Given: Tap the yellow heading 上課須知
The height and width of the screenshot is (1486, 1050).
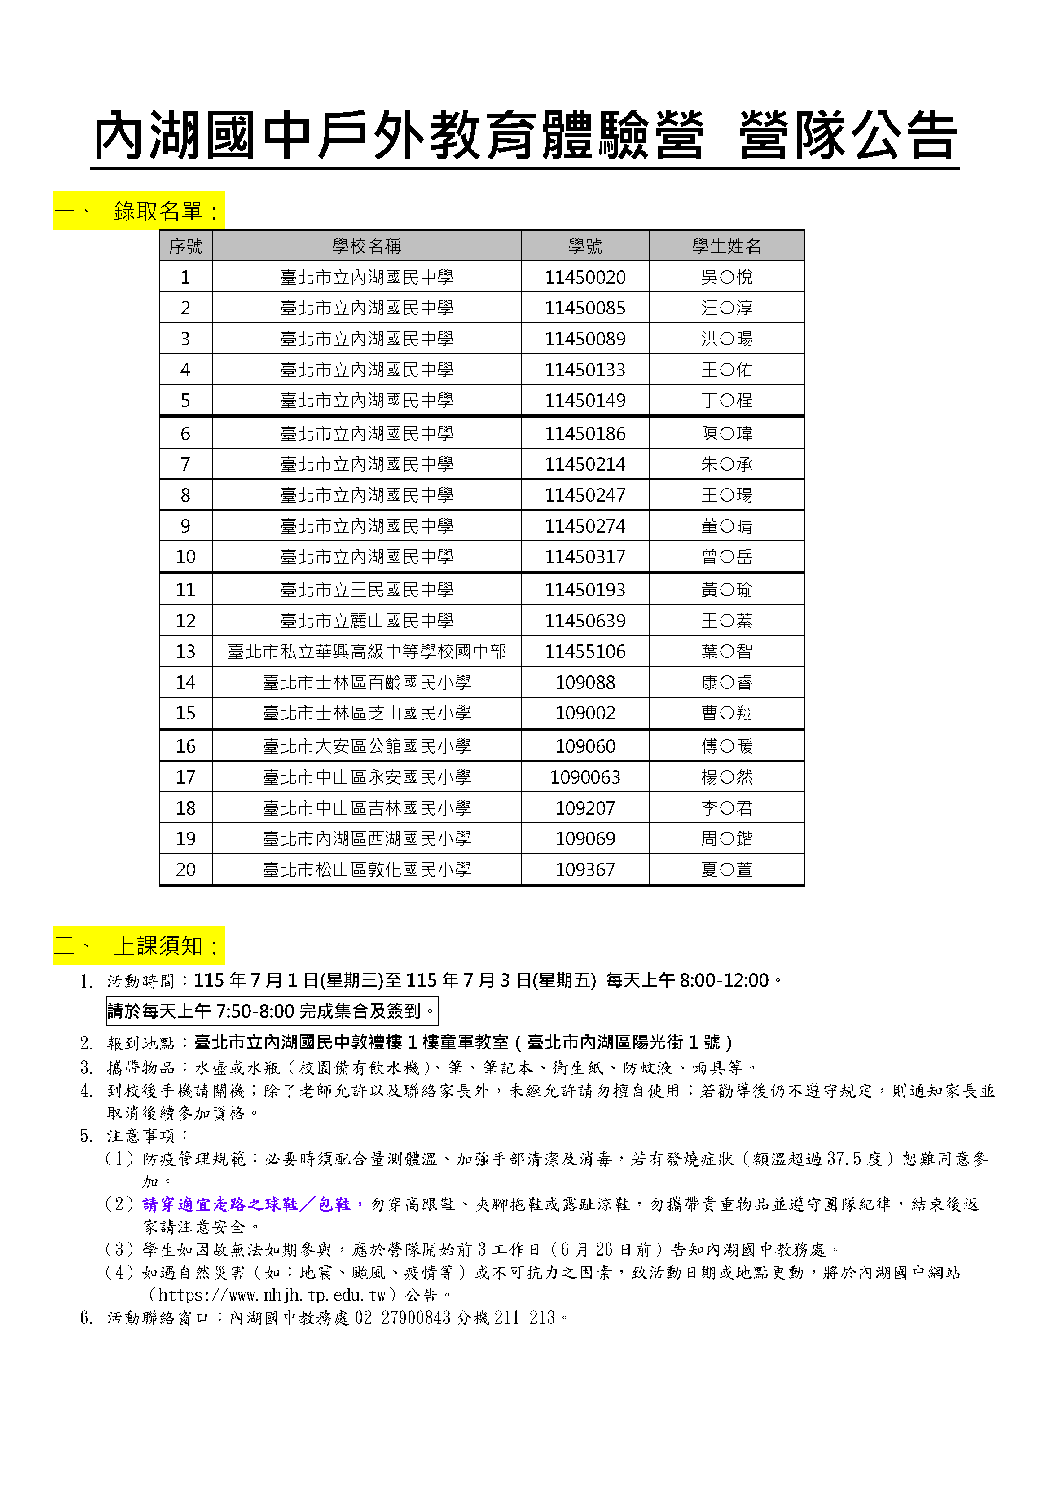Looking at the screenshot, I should pos(158,946).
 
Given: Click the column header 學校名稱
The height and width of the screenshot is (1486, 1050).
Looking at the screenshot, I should pos(366,246).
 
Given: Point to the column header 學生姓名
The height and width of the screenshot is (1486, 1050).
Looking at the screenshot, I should pos(726,246).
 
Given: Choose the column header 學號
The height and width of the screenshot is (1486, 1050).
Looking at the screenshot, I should pos(585,246).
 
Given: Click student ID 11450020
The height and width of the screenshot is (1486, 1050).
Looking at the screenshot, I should pos(585,277).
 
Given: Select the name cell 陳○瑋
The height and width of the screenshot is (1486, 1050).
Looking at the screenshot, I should pos(726,434).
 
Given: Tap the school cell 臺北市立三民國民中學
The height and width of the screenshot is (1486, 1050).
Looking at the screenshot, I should pos(366,590).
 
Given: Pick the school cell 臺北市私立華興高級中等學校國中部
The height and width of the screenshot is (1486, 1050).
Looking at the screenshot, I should pos(366,651).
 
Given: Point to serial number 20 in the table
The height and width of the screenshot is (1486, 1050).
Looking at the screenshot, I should pos(186,869).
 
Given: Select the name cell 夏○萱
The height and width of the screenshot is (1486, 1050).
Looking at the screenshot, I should pos(726,869).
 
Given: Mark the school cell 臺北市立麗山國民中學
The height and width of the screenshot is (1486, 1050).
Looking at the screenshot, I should pos(366,621).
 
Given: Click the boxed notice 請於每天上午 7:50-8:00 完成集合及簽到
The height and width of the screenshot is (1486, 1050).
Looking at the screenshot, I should pos(272,1011).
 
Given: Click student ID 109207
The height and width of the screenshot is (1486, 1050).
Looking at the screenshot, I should pos(585,808).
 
